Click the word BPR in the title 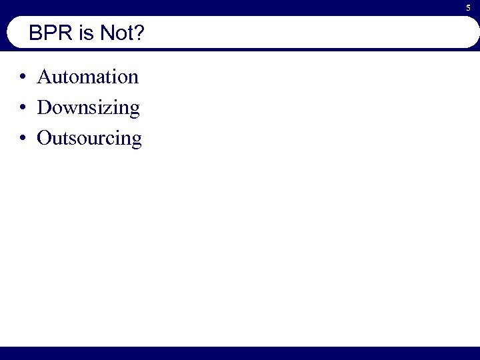coord(51,34)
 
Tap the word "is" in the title coord(87,34)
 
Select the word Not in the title coord(115,34)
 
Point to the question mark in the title coord(138,34)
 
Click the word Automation coord(88,77)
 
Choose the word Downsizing coord(89,108)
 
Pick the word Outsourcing coord(89,139)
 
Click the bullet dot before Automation coord(23,77)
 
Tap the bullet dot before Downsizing coord(23,108)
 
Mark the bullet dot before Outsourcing coord(23,139)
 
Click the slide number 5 coord(468,7)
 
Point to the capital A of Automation coord(44,77)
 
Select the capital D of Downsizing coord(45,107)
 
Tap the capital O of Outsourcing coord(45,138)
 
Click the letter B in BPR coord(36,34)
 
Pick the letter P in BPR coord(51,34)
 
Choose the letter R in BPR coord(65,34)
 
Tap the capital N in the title coord(107,34)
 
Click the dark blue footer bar coord(240,353)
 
